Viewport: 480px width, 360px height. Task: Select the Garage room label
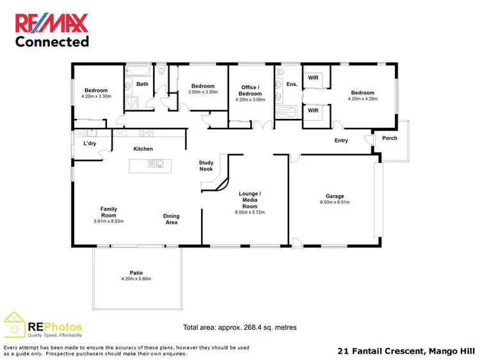point(335,196)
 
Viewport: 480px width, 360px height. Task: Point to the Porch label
point(389,138)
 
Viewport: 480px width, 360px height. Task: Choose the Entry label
point(341,141)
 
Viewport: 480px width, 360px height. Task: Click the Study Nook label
point(206,166)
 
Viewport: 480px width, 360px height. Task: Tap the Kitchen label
point(143,149)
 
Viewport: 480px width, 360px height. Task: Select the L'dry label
point(90,143)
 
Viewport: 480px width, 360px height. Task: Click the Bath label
point(142,84)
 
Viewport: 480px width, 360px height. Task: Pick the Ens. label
point(292,84)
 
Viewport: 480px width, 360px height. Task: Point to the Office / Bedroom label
point(250,90)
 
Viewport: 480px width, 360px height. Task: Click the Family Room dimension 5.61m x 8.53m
point(108,221)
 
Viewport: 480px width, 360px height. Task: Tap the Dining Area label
point(171,219)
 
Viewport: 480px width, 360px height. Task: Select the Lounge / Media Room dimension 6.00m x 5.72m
point(250,212)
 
